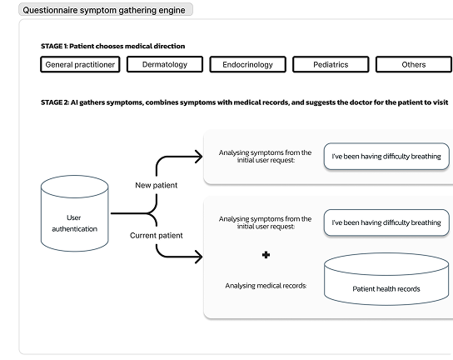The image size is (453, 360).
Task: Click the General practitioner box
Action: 80,64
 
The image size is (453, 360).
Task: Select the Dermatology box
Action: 165,64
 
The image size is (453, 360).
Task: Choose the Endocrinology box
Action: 247,64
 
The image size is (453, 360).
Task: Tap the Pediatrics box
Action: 331,64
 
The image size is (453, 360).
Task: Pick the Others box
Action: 414,64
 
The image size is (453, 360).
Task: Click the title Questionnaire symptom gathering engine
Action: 104,10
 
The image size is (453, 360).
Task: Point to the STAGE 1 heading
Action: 113,47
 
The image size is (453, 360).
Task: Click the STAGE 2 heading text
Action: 245,102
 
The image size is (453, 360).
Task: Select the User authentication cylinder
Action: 75,213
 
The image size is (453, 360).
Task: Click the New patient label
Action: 157,185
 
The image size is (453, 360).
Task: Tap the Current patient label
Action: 157,235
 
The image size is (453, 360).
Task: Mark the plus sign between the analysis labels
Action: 266,255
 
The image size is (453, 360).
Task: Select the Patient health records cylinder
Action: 386,279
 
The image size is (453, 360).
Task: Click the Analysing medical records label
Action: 266,286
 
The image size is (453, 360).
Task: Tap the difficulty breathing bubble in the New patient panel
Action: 386,157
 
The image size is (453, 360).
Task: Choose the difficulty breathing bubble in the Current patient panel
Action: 386,222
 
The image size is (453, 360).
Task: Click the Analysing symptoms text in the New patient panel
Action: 265,156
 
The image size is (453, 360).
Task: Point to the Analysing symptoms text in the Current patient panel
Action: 265,222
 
